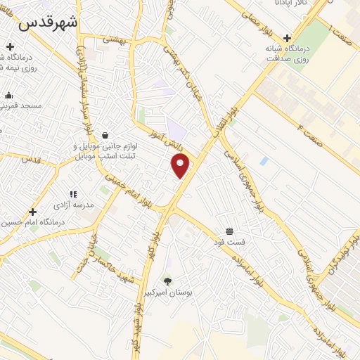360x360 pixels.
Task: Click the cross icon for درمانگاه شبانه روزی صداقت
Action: click(x=286, y=38)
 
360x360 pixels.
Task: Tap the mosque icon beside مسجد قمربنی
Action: click(x=8, y=95)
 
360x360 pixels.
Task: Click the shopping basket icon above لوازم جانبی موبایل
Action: click(x=105, y=135)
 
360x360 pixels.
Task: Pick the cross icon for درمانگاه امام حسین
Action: click(x=32, y=212)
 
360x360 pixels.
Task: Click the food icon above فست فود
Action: click(x=229, y=231)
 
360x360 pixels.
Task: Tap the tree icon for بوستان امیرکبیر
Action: click(x=167, y=281)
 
